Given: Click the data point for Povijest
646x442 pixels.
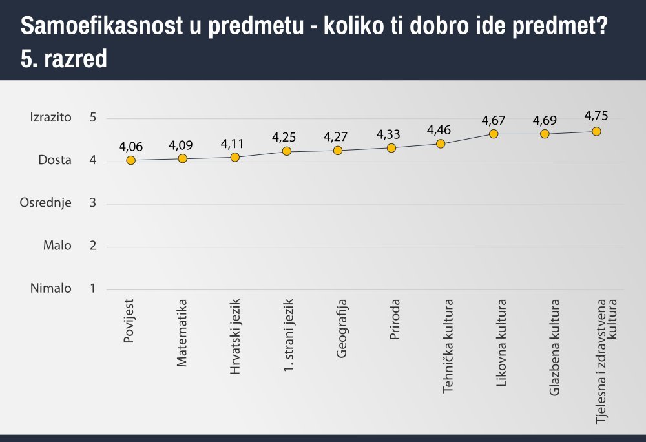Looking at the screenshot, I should point(131,160).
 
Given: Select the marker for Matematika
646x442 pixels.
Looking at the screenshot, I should point(183,158).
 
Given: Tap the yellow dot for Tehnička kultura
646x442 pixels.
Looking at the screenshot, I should point(441,143).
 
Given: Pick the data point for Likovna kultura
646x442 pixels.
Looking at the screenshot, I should point(494,134).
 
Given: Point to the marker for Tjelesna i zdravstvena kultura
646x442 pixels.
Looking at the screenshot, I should point(596,131).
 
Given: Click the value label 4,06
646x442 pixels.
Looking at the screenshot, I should point(130,147).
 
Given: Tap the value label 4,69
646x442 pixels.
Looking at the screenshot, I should point(545,120).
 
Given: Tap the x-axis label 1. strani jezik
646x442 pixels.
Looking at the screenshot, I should point(289,333).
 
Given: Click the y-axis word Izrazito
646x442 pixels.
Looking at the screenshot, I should point(50,118).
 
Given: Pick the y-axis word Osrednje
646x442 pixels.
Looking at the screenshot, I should point(45,203).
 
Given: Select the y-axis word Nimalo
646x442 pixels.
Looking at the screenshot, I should point(50,288).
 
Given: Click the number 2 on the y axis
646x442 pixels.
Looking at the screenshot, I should point(93,246).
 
